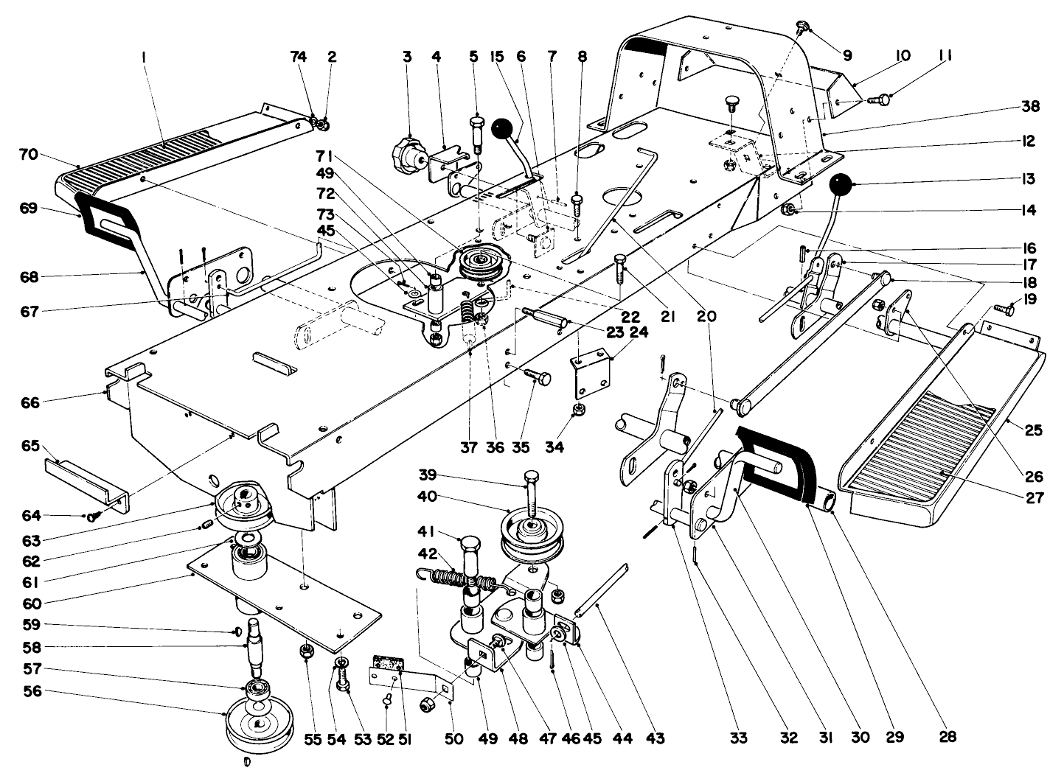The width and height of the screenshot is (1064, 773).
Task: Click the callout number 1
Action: tap(145, 56)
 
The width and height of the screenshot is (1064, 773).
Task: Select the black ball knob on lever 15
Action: tap(503, 129)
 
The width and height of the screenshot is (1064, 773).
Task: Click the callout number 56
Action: tap(33, 691)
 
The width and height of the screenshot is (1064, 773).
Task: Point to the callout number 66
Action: tap(30, 402)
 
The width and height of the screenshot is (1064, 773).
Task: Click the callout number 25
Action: tap(1033, 430)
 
